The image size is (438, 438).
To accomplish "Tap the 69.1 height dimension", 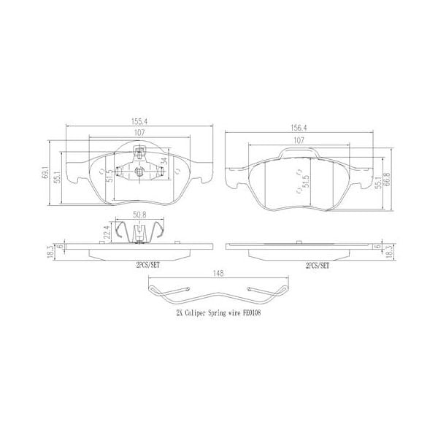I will point(45,174).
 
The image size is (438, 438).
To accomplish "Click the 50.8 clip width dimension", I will point(142,216).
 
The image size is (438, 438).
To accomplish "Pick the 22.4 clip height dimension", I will point(107,232).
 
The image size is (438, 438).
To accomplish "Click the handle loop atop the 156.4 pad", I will point(300,152).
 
